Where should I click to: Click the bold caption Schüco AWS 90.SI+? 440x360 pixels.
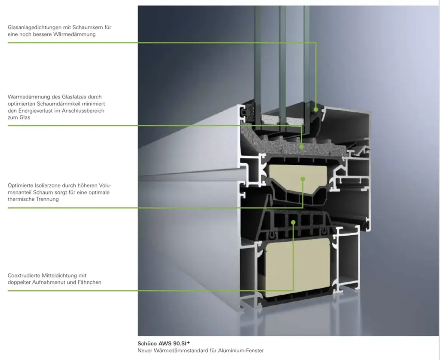tap(164, 343)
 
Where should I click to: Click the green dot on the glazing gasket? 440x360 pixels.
tap(316, 109)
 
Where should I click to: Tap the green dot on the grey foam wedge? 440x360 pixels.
tap(302, 147)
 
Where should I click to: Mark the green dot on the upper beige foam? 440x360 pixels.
tap(303, 178)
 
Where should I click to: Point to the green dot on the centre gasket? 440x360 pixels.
tap(293, 222)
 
